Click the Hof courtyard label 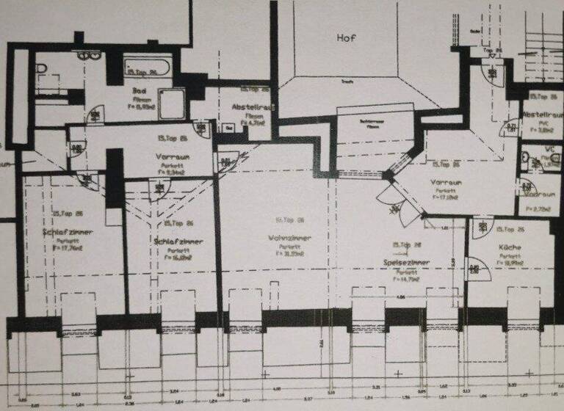pos(346,37)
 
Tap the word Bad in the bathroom pos(139,91)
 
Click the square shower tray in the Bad pos(172,103)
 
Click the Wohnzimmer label pos(289,239)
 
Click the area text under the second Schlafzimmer pos(178,258)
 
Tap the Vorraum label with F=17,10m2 pos(446,181)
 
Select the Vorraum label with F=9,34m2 pos(173,156)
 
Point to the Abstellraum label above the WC pos(544,114)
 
